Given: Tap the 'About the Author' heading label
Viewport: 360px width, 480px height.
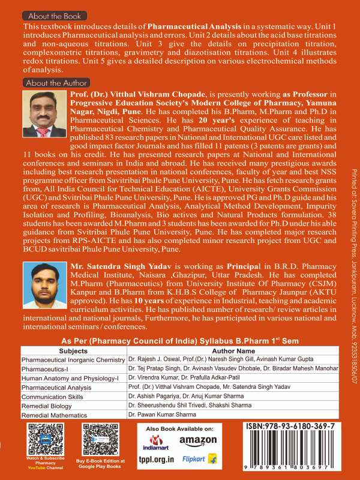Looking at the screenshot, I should [x=56, y=83].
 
